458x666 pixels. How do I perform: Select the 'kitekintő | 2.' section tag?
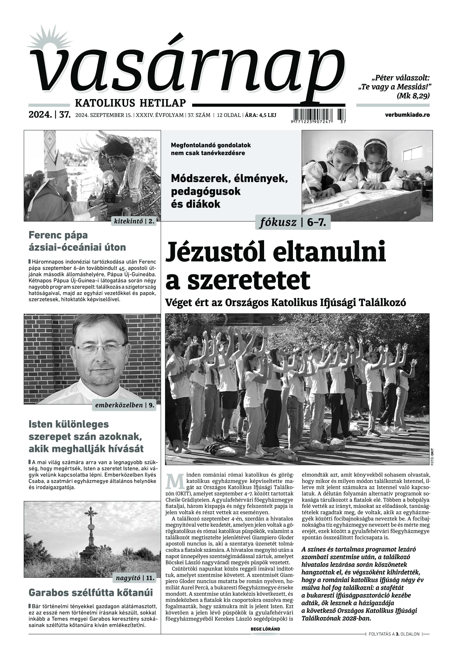pyautogui.click(x=134, y=221)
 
